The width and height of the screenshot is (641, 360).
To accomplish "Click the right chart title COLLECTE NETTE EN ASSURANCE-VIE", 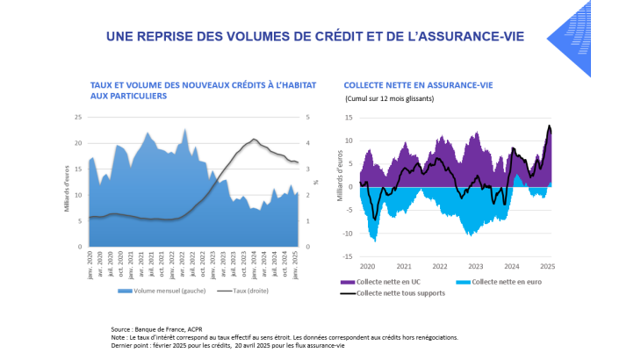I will (417, 85).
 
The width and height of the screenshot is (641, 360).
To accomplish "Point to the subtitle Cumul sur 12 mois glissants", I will (389, 98).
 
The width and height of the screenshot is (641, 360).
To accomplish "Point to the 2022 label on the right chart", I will (439, 266).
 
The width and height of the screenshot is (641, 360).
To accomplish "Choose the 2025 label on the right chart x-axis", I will (547, 266).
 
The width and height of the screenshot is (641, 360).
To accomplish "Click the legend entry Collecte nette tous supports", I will (393, 292).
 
